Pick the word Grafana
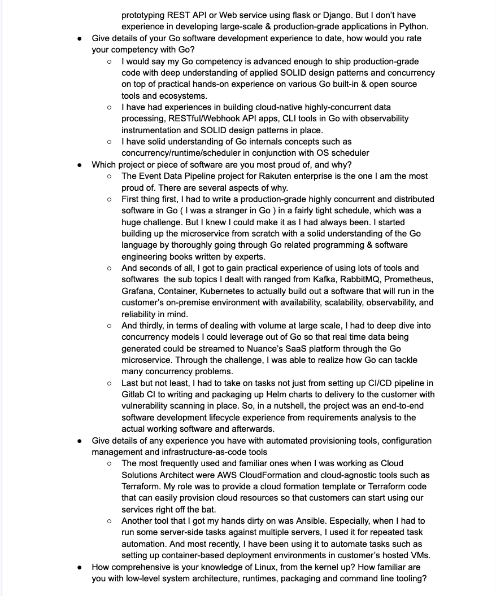click(x=137, y=291)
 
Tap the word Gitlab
click(x=134, y=395)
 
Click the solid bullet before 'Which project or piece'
click(x=80, y=165)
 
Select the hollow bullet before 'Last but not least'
click(x=109, y=383)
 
